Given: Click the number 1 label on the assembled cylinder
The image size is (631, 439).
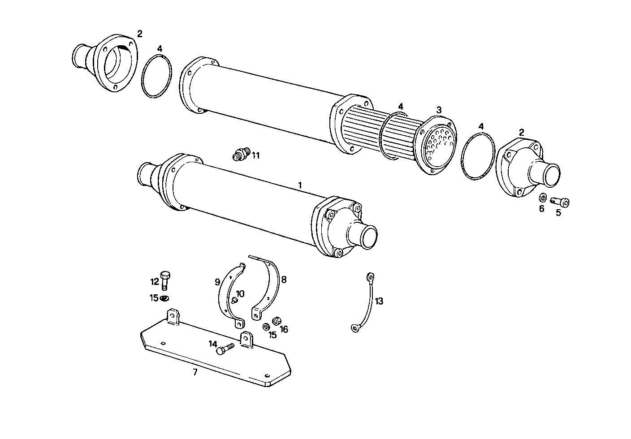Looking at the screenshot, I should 300,185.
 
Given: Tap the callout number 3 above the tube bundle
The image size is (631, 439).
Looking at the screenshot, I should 439,109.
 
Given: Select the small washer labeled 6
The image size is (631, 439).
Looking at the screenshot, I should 542,198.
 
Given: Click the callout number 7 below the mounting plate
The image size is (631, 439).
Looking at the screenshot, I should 195,372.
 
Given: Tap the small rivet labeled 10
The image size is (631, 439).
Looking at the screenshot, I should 234,301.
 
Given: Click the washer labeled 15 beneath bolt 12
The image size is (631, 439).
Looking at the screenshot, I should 165,298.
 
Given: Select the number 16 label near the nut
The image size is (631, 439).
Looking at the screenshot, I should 284,330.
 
